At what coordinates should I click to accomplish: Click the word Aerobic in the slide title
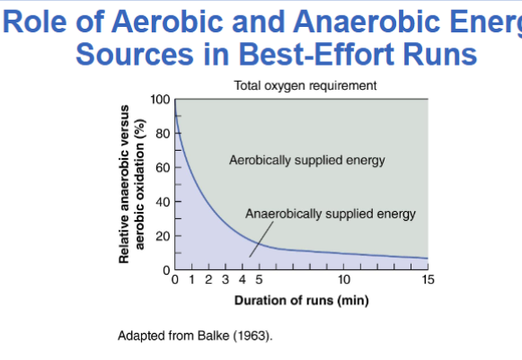point(167,22)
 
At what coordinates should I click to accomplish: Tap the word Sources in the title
point(135,54)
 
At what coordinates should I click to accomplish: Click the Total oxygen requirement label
point(305,85)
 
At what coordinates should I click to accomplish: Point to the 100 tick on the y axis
point(160,99)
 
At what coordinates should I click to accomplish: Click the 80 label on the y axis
point(164,134)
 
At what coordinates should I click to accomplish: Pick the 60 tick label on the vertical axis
point(164,167)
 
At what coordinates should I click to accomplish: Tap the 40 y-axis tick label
point(164,202)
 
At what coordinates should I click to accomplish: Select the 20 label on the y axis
point(164,236)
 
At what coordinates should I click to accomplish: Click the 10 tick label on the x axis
point(344,279)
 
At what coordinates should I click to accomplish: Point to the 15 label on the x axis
point(429,279)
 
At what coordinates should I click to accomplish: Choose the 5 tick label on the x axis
point(259,279)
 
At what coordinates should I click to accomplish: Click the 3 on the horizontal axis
point(226,279)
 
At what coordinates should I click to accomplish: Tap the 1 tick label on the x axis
point(191,279)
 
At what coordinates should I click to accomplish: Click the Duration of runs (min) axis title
point(302,301)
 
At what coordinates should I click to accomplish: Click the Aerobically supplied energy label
point(307,160)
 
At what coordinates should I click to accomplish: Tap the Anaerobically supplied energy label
point(331,214)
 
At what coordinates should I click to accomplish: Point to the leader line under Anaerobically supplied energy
point(261,239)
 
